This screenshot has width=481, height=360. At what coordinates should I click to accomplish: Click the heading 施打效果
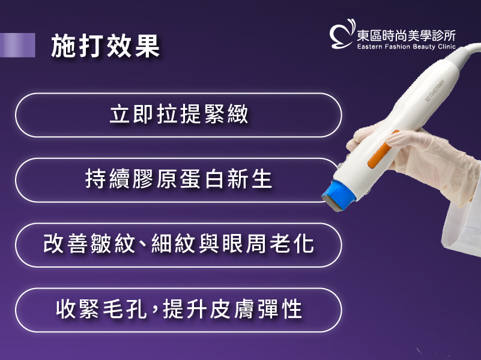pos(105,46)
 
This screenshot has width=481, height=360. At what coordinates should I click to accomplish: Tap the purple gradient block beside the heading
pos(17,45)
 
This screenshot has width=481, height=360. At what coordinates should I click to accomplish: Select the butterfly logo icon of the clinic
pos(342,34)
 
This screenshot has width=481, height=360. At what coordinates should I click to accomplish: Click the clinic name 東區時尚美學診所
pos(406,36)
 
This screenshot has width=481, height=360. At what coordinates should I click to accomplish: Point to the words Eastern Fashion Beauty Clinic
pos(407,47)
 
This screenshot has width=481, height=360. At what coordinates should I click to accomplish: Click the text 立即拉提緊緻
pos(179,114)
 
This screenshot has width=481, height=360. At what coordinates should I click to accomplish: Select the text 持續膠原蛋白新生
pos(179,179)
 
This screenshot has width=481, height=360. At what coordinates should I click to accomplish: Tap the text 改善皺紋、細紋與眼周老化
pos(179,244)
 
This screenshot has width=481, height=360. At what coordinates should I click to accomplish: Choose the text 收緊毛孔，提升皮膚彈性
pos(179,309)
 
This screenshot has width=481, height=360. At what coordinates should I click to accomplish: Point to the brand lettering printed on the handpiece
pos(434,91)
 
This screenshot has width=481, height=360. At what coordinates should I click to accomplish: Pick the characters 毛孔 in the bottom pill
pos(124,309)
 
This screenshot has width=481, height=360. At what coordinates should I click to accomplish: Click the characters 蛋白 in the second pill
pos(202,179)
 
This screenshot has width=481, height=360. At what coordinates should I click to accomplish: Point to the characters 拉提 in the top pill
pos(179,114)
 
